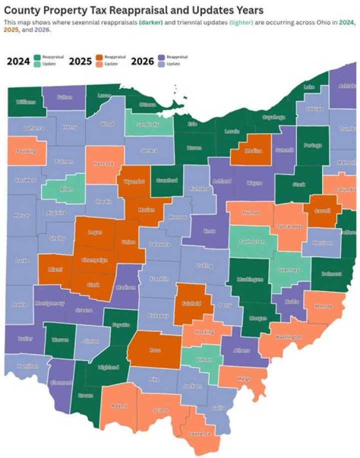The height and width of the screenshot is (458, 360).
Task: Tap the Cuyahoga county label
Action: [x=274, y=117]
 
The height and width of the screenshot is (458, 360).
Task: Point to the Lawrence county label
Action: [x=199, y=434]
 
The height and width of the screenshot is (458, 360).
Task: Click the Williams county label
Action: [x=25, y=102]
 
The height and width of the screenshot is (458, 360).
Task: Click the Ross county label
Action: [x=154, y=350]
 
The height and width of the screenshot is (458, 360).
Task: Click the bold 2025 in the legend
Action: [x=80, y=61]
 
